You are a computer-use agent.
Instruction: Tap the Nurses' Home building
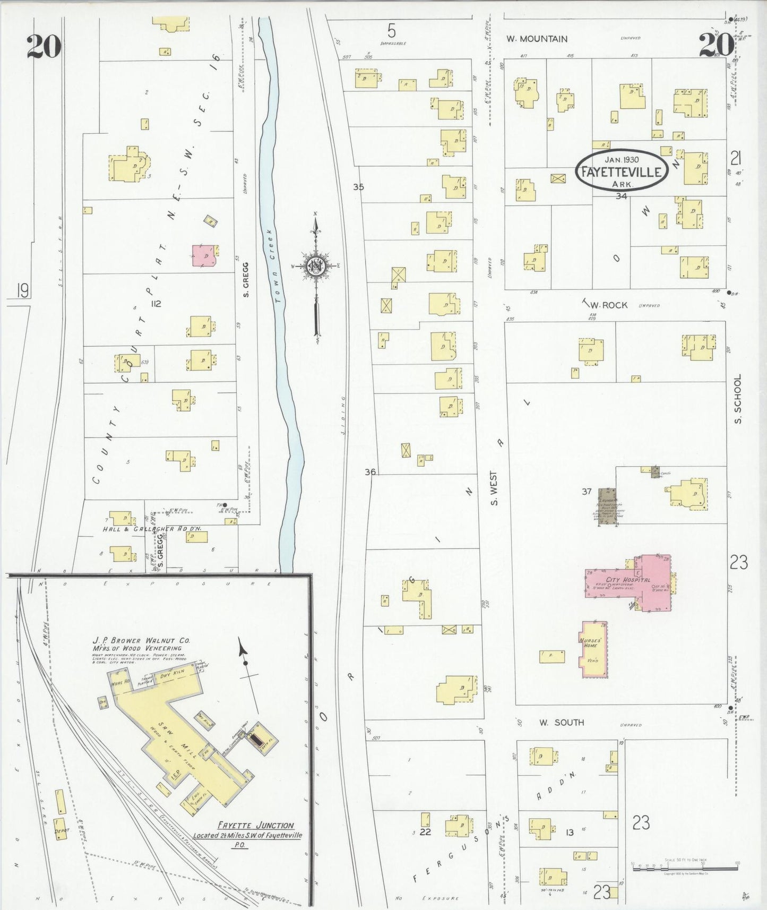(x=593, y=649)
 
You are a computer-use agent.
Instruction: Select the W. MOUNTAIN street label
(x=536, y=39)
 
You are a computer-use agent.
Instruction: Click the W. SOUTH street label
(x=562, y=722)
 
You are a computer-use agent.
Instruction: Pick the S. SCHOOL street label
(x=737, y=399)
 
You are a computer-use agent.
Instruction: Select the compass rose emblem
(x=315, y=265)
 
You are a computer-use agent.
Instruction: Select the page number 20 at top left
(x=44, y=46)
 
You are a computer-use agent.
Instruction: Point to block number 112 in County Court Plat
(x=156, y=304)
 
